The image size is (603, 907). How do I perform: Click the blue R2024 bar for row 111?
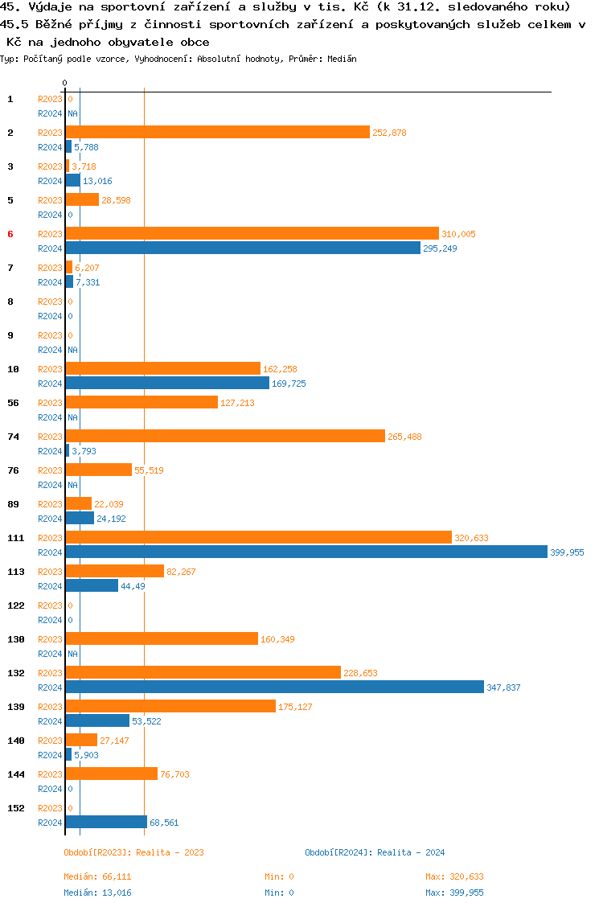tap(306, 552)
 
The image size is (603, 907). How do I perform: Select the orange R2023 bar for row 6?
tap(252, 234)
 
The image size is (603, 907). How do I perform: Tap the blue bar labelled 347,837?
tap(274, 687)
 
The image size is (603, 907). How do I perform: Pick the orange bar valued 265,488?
tap(225, 437)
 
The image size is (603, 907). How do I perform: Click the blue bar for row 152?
tap(106, 823)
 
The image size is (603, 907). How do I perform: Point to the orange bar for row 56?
tap(142, 403)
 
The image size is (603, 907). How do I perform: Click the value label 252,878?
tap(389, 133)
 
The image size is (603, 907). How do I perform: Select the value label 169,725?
tap(289, 384)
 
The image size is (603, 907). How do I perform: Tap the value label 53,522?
tap(146, 721)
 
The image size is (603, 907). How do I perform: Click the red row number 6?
tap(10, 234)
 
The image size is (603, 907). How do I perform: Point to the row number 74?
tap(13, 437)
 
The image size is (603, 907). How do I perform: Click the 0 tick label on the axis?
tap(65, 83)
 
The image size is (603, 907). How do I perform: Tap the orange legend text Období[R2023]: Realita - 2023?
tap(133, 852)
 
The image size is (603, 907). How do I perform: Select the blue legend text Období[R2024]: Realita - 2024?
tap(375, 852)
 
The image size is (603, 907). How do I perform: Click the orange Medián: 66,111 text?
tap(97, 876)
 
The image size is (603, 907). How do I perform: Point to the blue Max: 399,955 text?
tap(454, 893)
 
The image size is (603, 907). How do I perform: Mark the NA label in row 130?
tap(72, 654)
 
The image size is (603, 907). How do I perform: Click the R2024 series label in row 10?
tap(50, 384)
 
